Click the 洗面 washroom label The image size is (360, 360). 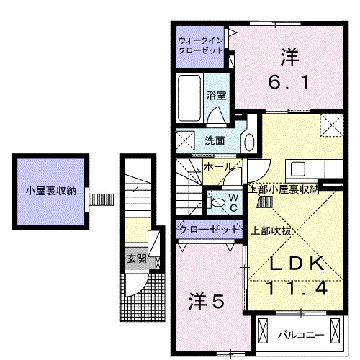click(x=214, y=140)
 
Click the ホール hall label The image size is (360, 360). click(x=218, y=167)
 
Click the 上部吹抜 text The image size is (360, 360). click(x=271, y=230)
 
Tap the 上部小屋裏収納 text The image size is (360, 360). click(x=283, y=189)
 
